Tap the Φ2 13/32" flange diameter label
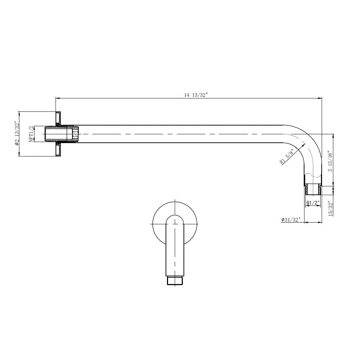pyautogui.click(x=15, y=134)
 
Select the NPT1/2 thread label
pyautogui.click(x=31, y=134)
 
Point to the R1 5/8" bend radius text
pyautogui.click(x=287, y=156)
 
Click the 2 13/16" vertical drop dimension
pyautogui.click(x=330, y=161)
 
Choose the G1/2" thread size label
pyautogui.click(x=312, y=203)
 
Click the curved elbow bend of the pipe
pyautogui.click(x=307, y=141)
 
